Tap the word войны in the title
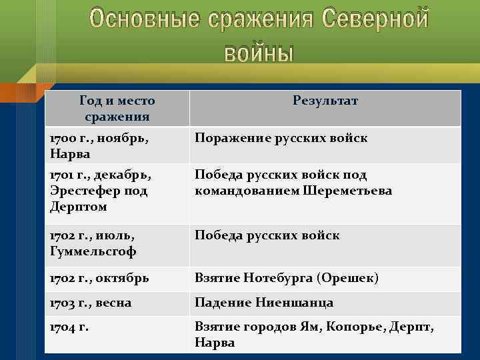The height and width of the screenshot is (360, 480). [x=258, y=52]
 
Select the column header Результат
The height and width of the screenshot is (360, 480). [x=325, y=101]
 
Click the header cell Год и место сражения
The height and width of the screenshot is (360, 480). [x=117, y=109]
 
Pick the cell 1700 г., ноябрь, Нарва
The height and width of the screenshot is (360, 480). [x=99, y=145]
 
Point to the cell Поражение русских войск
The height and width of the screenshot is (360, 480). [x=281, y=138]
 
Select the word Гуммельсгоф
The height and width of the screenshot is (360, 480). [x=93, y=251]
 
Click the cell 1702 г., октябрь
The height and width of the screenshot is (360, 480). [x=99, y=277]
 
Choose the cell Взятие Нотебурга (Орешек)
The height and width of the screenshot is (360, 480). [x=286, y=277]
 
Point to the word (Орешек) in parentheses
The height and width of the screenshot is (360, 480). [x=348, y=277]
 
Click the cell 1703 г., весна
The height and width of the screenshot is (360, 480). [x=91, y=303]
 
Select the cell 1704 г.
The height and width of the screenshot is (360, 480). [x=69, y=327]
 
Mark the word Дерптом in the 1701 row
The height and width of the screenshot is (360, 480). [x=78, y=207]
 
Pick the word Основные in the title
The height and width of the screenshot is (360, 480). [x=143, y=19]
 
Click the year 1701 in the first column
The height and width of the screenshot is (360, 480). [x=62, y=175]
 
